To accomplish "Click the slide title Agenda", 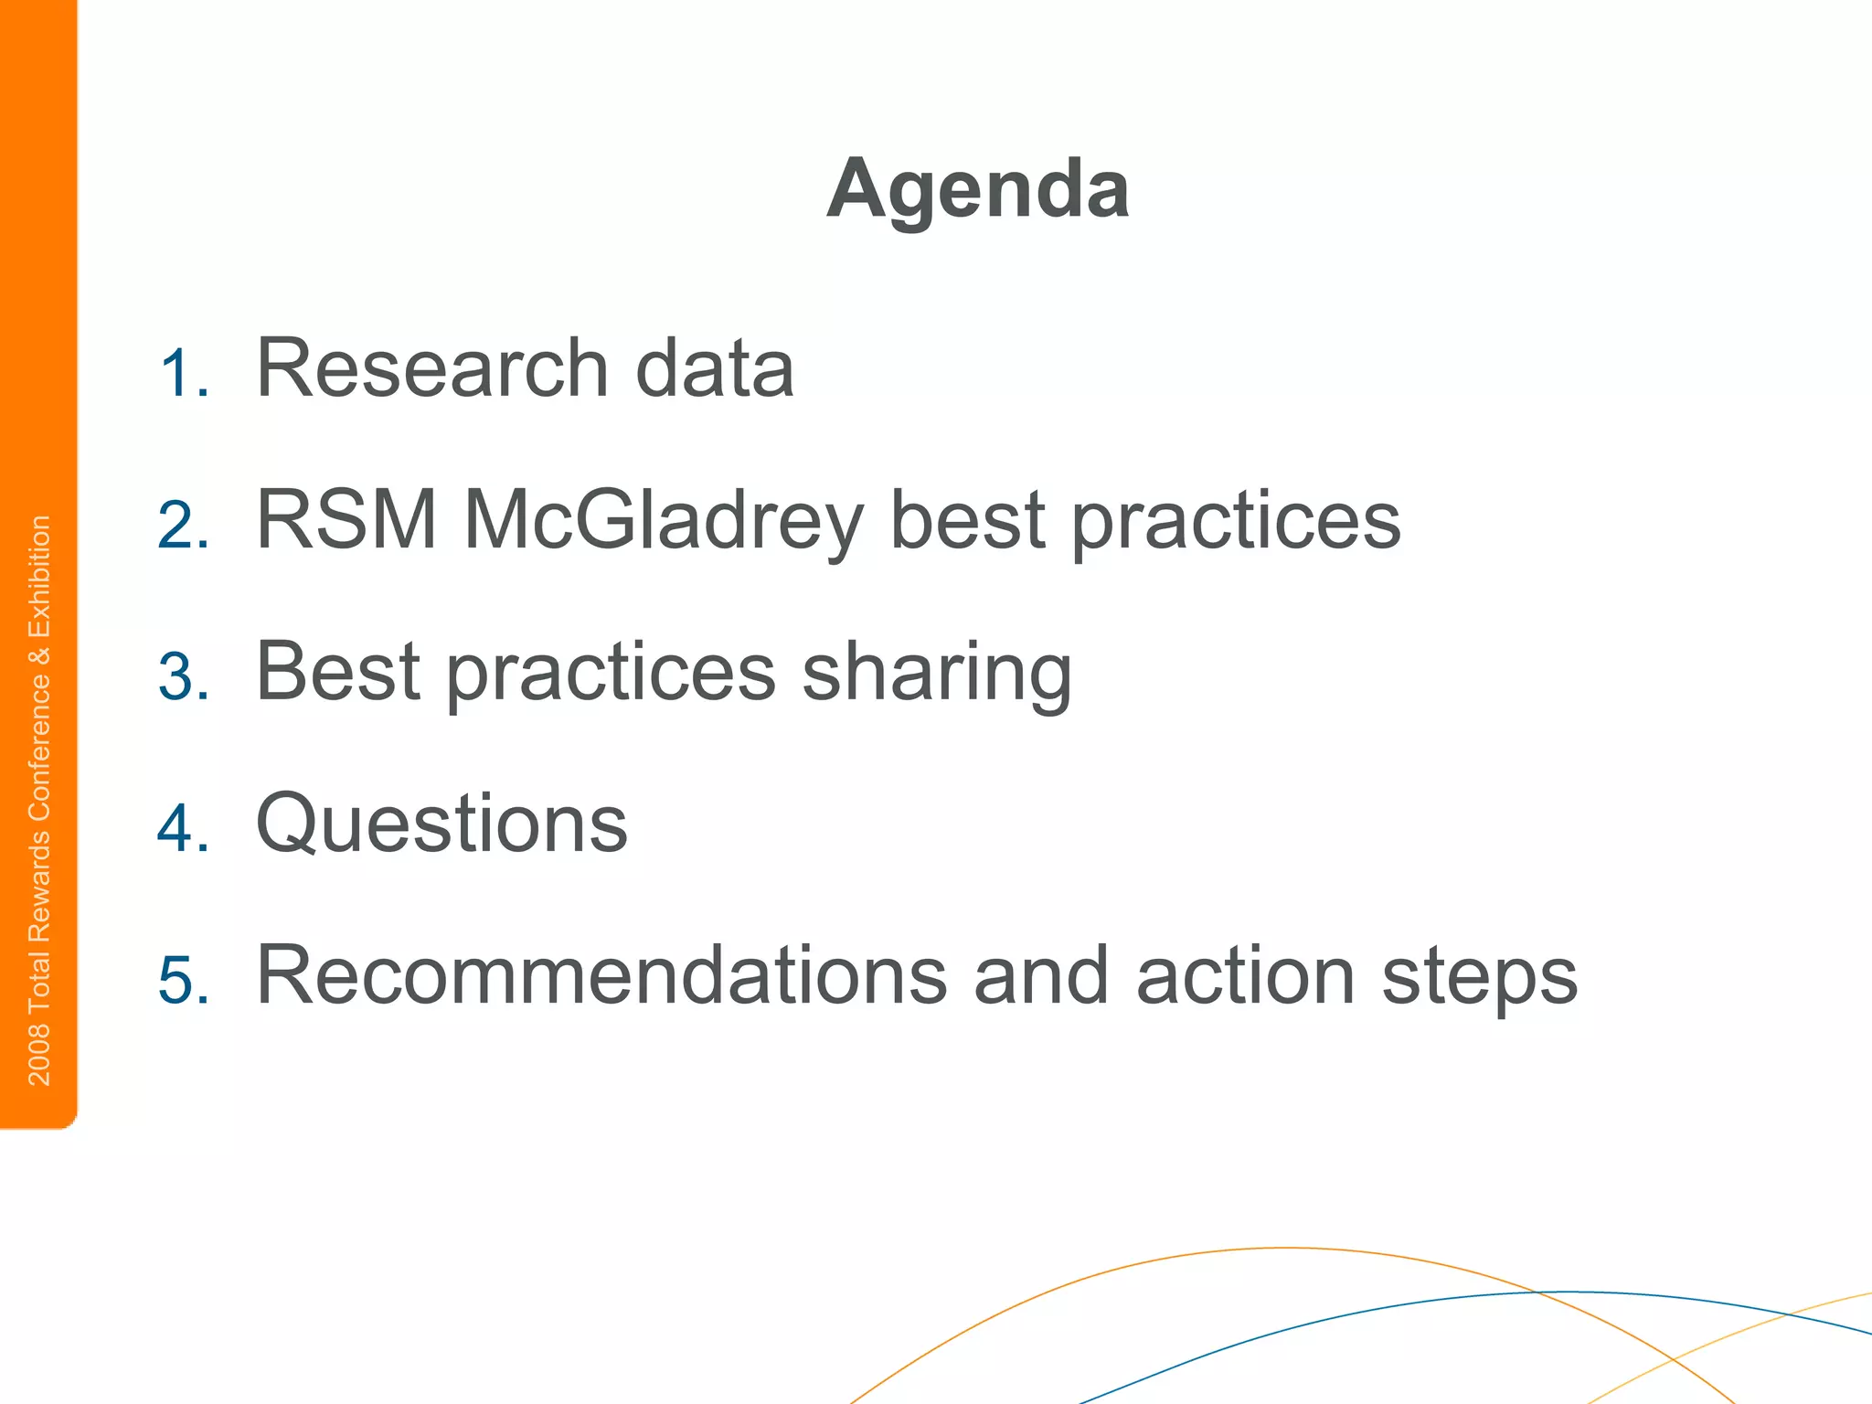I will coord(978,190).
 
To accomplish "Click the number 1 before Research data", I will coord(183,374).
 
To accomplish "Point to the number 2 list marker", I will coord(183,526).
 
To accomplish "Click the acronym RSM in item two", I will coord(346,520).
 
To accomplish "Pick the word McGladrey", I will coord(663,522).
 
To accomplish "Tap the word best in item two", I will coord(967,520).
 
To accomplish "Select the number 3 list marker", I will coord(183,677).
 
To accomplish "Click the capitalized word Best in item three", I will coord(337,672).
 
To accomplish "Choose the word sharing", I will coord(937,675).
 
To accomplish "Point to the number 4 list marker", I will coord(183,829).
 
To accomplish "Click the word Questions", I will coord(441,825).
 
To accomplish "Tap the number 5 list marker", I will coord(183,981).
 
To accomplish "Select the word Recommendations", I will coord(601,975).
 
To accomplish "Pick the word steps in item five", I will coord(1479,979).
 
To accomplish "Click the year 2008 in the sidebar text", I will coord(39,1055).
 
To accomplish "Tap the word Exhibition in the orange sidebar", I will coord(39,577).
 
